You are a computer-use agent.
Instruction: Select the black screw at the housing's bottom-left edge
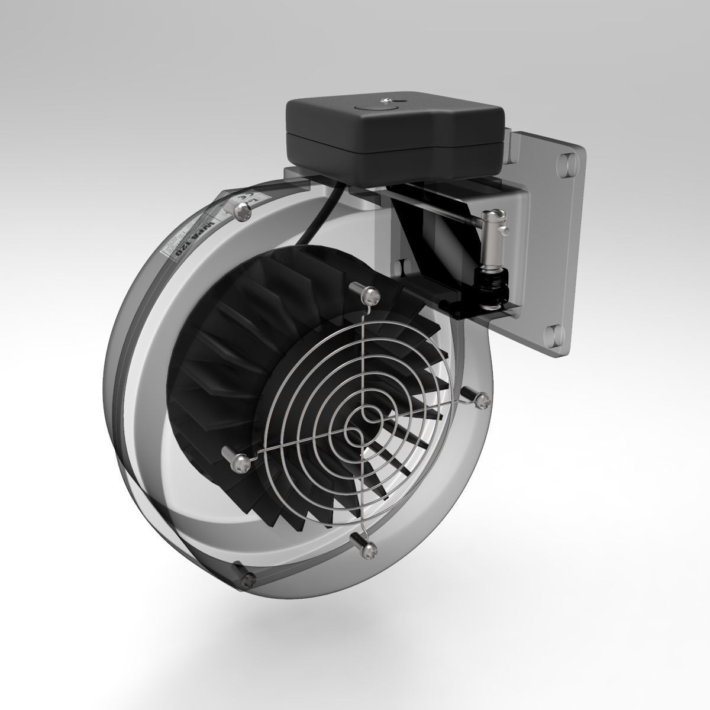(x=249, y=577)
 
